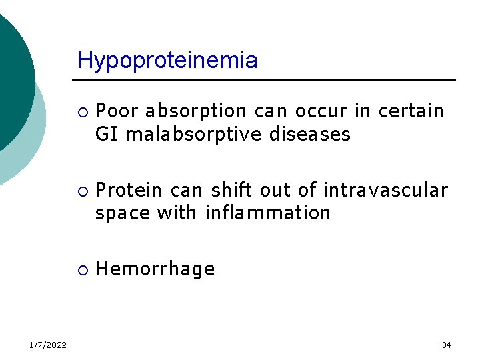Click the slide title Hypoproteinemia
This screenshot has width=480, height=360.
(167, 61)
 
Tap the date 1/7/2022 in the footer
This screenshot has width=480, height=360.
(47, 345)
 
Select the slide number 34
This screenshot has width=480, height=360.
(446, 345)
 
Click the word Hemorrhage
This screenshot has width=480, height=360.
(155, 269)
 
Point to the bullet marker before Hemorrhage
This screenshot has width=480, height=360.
(81, 269)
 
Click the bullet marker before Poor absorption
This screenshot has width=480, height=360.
(81, 111)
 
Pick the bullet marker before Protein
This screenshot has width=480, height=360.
(81, 191)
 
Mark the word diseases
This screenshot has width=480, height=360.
(309, 134)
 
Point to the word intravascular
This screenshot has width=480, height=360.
(385, 190)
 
